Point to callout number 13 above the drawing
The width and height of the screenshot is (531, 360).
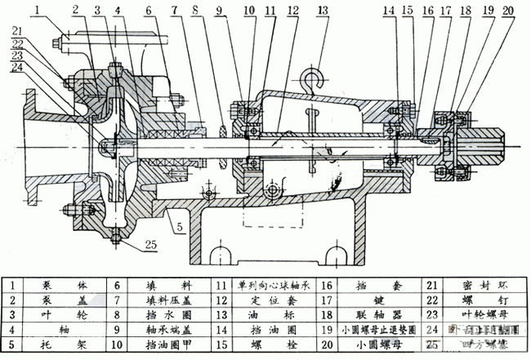point(323,11)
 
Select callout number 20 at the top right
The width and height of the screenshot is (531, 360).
point(507,11)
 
